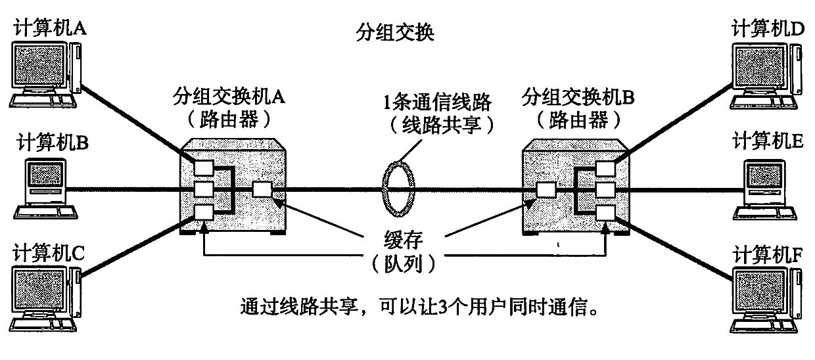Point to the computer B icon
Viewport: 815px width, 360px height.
click(47, 188)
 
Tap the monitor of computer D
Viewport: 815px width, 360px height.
click(760, 68)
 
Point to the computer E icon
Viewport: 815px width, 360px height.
click(766, 188)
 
